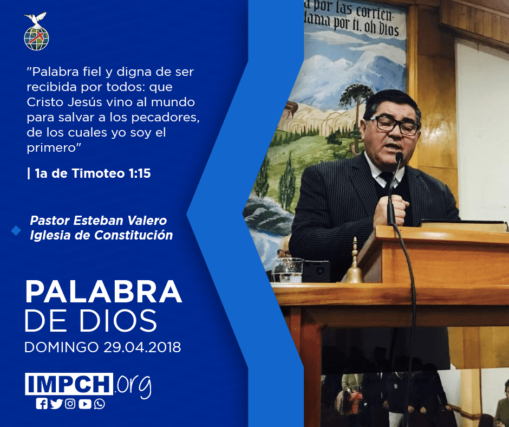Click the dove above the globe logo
[36, 20]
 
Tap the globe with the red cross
[36, 38]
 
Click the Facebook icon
[42, 404]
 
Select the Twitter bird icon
[56, 404]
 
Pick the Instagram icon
[70, 404]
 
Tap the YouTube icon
[84, 404]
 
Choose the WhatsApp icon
[99, 404]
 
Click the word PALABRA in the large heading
[103, 292]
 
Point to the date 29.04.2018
[142, 347]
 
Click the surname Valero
[147, 221]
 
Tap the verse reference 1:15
[140, 173]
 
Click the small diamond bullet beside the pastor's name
[16, 231]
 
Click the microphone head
[399, 157]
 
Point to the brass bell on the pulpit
[354, 264]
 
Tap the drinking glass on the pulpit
[288, 270]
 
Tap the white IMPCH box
[69, 384]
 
